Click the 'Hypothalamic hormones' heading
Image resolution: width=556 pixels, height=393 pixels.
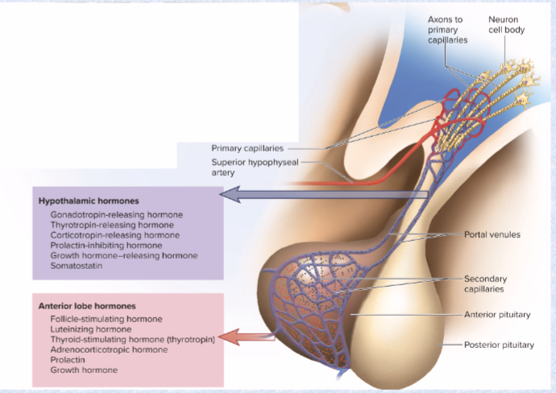tap(89, 200)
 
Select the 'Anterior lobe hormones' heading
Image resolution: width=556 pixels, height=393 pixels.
tap(87, 306)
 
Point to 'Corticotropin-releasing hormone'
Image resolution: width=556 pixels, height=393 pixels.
tap(115, 235)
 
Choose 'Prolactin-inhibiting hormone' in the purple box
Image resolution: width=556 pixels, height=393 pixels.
tap(106, 245)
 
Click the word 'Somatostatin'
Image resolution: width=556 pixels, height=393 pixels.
tap(77, 265)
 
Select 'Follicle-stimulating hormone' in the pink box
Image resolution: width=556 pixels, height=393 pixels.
tap(106, 320)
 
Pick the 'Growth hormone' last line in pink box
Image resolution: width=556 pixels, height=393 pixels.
tap(84, 370)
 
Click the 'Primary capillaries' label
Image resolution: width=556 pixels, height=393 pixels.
tap(247, 148)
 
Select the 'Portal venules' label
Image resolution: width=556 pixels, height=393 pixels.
tap(492, 235)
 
